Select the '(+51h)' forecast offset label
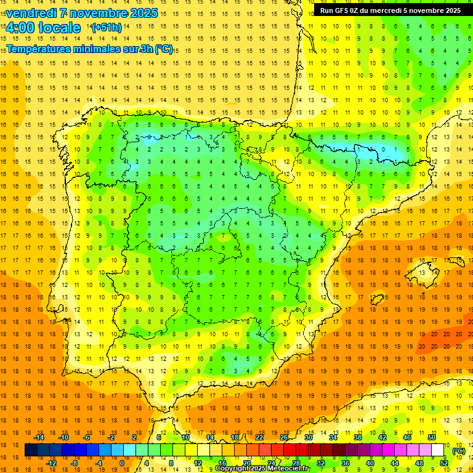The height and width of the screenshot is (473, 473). coord(107,27)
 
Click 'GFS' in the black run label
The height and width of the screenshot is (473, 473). coord(344,10)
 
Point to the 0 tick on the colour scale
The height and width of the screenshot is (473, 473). coord(122,463)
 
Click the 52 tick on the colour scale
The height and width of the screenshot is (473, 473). coord(443,463)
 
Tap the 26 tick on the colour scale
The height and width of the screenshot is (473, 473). coord(284,437)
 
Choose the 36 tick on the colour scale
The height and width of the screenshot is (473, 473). coord(345,463)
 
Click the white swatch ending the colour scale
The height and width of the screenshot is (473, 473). coord(437,450)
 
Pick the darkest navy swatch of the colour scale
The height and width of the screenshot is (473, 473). coord(31,450)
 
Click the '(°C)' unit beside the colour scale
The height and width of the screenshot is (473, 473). coord(459,450)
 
